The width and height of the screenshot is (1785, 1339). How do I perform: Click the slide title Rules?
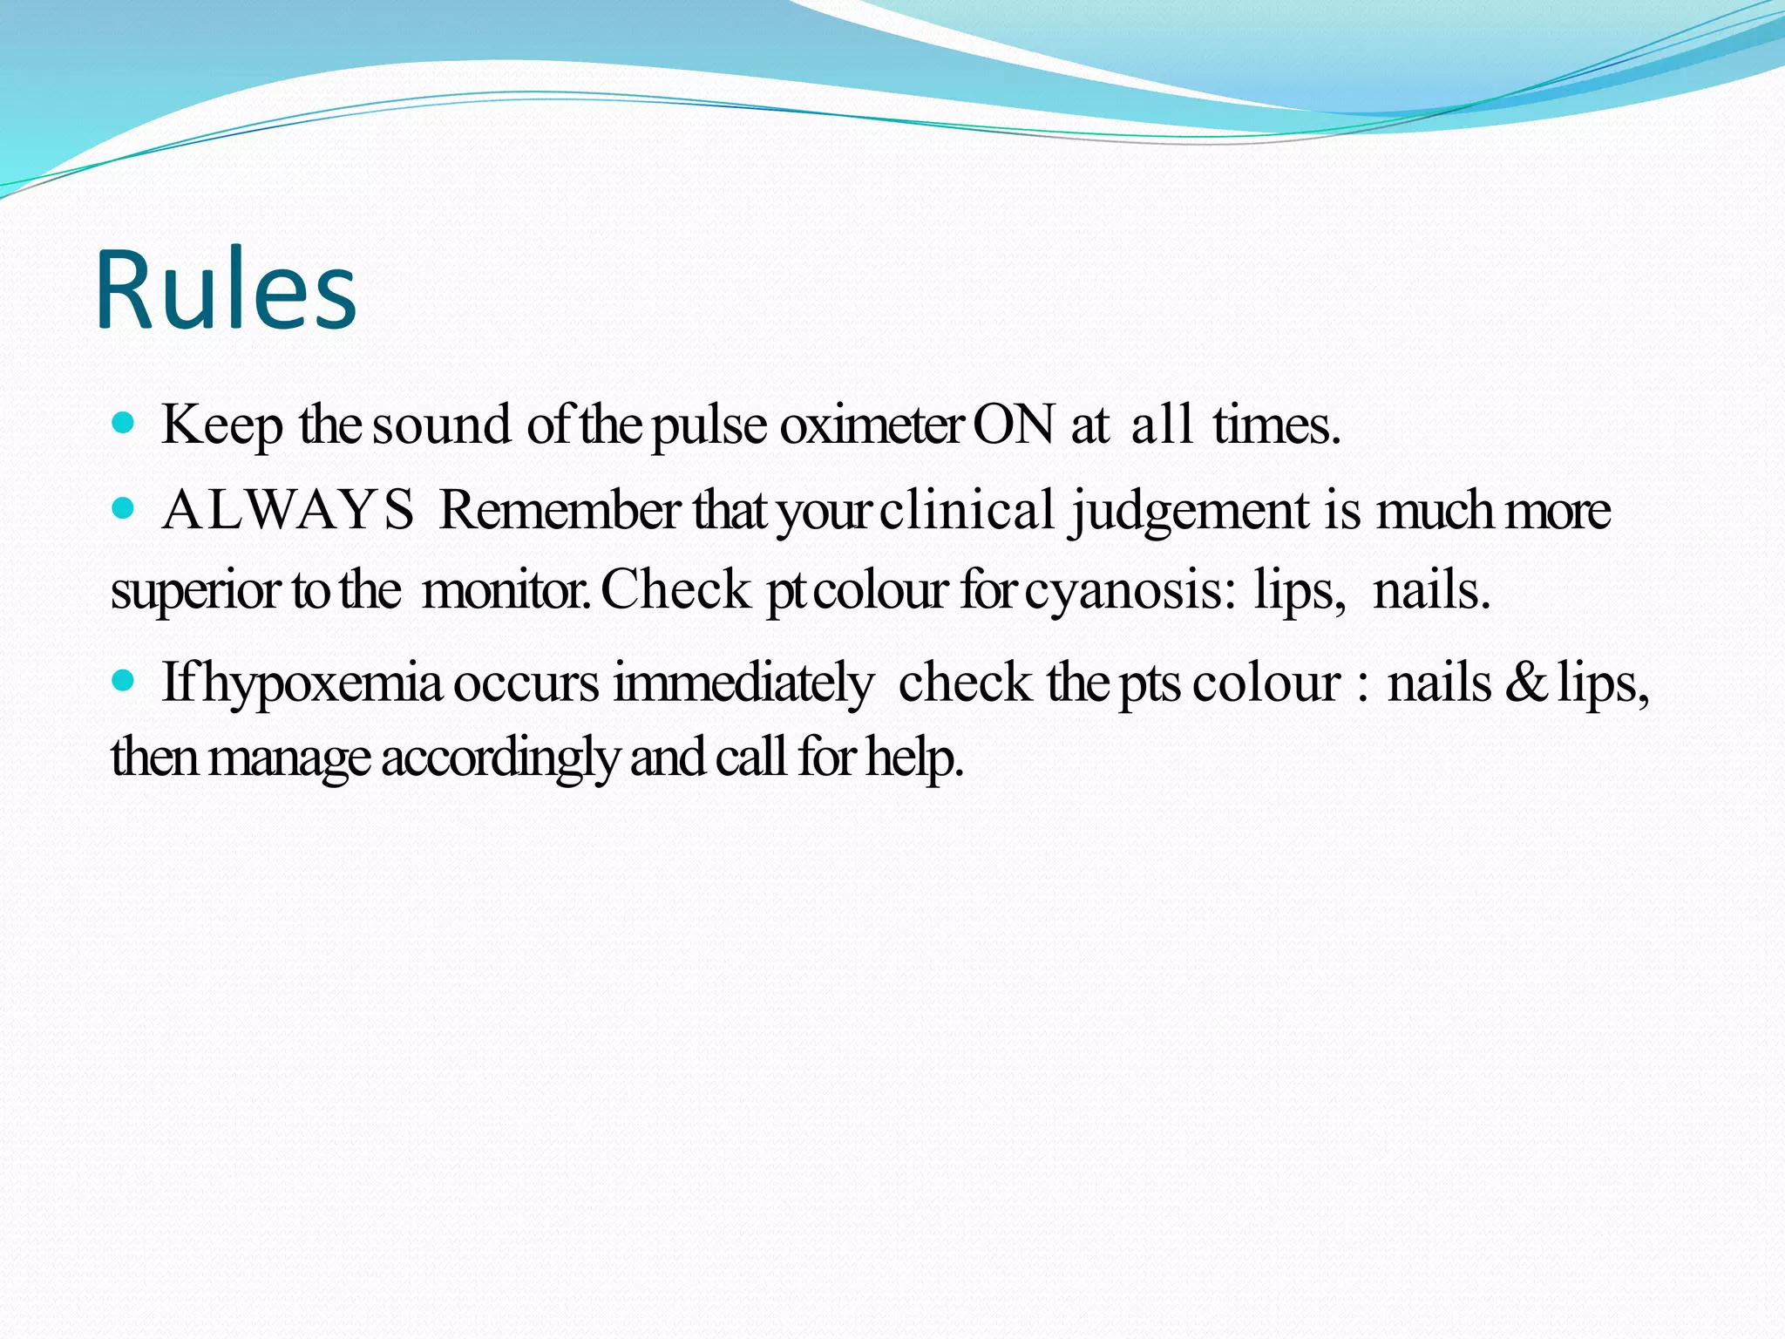[x=226, y=290]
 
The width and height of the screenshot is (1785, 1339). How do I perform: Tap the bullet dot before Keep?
[x=124, y=424]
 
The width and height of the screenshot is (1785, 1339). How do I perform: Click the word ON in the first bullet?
[x=1013, y=425]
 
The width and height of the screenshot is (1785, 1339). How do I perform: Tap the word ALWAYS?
[x=288, y=510]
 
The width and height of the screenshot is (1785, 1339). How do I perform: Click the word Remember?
[x=559, y=510]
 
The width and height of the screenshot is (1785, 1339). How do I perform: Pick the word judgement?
[x=1190, y=512]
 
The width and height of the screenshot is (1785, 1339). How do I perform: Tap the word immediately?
[x=743, y=683]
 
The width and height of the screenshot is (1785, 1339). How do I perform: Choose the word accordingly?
[x=499, y=758]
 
